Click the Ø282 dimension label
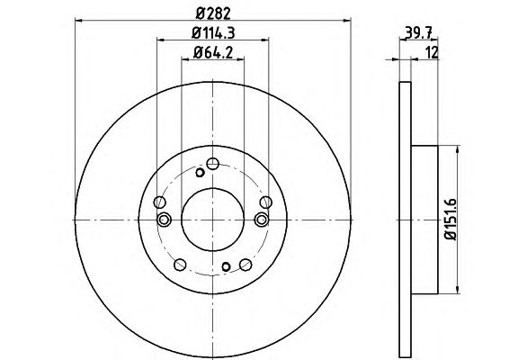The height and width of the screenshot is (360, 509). [213, 13]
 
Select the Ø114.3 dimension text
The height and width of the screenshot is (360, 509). [213, 32]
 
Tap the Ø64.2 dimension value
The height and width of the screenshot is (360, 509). [213, 52]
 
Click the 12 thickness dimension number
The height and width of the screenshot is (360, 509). [432, 52]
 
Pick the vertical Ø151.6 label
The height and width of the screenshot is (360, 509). [451, 219]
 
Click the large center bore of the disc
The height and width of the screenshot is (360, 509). [212, 220]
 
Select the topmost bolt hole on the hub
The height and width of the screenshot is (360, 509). [212, 164]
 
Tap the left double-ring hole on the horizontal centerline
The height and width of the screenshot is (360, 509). [164, 220]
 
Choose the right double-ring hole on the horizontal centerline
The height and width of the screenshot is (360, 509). [262, 220]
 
